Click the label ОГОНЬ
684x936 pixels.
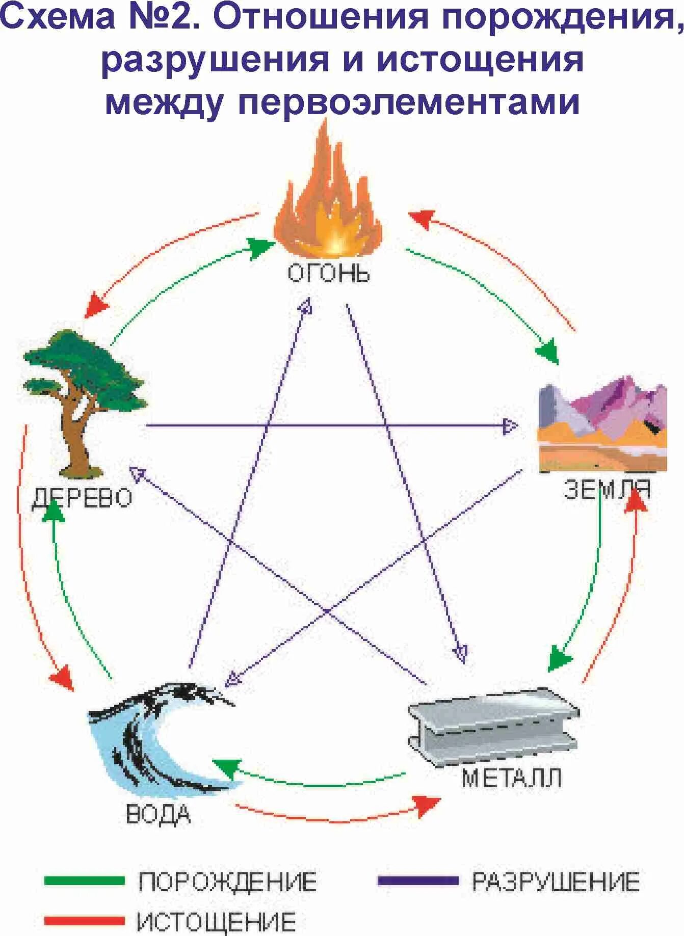pyautogui.click(x=328, y=274)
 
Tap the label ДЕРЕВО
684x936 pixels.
pyautogui.click(x=82, y=498)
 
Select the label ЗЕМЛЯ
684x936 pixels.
pyautogui.click(x=607, y=490)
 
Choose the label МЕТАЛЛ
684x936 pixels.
pyautogui.click(x=511, y=778)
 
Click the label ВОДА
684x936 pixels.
pyautogui.click(x=158, y=814)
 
